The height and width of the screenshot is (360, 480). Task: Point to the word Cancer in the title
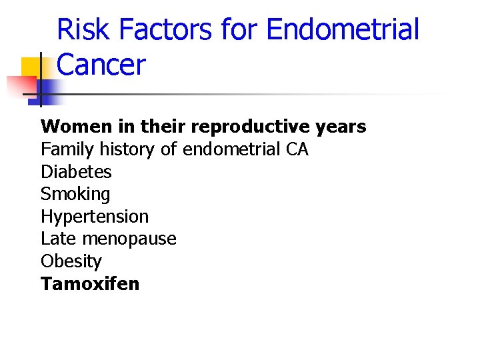click(x=101, y=65)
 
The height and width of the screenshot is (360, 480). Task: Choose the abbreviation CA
click(x=297, y=149)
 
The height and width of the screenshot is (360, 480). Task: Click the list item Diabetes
click(x=76, y=172)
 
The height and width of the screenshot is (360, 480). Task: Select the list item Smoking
click(x=75, y=195)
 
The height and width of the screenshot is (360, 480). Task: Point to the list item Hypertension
click(x=95, y=217)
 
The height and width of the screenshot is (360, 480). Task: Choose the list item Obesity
click(x=71, y=261)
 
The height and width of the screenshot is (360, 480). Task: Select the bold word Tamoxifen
click(x=90, y=284)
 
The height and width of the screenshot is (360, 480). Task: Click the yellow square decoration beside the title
click(x=31, y=68)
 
